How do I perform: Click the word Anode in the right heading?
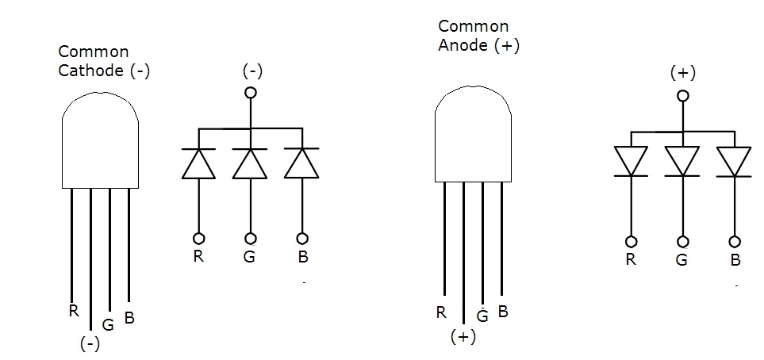coord(463,45)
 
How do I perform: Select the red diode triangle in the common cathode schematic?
coord(198,163)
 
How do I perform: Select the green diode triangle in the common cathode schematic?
coord(251,163)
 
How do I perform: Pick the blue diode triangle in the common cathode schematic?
coord(302,163)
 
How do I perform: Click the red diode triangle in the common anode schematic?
coord(632,160)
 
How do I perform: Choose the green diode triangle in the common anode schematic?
coord(682,160)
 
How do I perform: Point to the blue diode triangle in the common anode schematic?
coord(734,160)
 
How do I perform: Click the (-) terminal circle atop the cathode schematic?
coord(251,93)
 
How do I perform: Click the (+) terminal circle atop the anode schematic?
coord(682,96)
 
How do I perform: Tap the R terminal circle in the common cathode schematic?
coord(198,238)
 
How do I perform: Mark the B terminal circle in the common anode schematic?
coord(735,242)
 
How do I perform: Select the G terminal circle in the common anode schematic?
coord(682,242)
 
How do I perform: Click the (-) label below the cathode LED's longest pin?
coord(90,344)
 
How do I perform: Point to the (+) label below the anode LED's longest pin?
coord(462,336)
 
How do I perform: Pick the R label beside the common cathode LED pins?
coord(73,311)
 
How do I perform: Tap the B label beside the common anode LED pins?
coord(502,311)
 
